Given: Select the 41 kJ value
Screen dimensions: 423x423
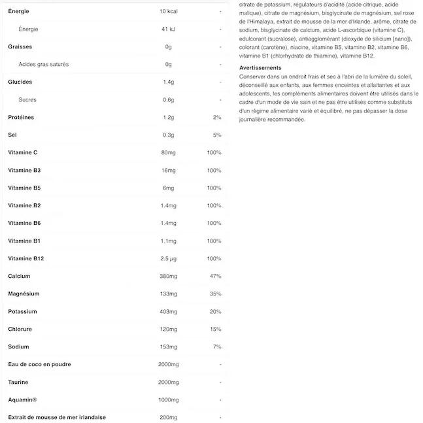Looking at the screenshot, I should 168,29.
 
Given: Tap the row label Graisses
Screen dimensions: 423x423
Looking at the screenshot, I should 20,47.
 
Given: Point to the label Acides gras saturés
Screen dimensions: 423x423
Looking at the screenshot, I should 44,65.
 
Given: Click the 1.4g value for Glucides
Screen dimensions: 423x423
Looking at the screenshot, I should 168,82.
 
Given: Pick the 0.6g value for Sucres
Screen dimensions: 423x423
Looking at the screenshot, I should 168,100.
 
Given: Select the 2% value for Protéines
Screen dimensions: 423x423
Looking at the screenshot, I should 217,118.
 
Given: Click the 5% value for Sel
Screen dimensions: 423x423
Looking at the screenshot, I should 217,135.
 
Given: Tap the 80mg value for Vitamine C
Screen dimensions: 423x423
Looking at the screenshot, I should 168,153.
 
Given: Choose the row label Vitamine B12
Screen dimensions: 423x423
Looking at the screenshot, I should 26,259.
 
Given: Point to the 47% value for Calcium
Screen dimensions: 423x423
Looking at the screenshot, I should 215,277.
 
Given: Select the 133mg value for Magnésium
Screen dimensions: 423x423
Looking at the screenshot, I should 168,294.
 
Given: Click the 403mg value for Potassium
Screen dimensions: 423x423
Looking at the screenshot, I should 168,312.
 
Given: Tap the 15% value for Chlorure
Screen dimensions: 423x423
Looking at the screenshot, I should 215,330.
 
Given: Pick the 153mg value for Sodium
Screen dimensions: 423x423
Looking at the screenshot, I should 168,347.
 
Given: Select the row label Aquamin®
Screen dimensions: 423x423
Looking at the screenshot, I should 22,400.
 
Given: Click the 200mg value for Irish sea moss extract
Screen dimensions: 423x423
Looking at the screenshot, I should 168,418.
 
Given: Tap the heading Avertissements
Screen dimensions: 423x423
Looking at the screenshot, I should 261,68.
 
